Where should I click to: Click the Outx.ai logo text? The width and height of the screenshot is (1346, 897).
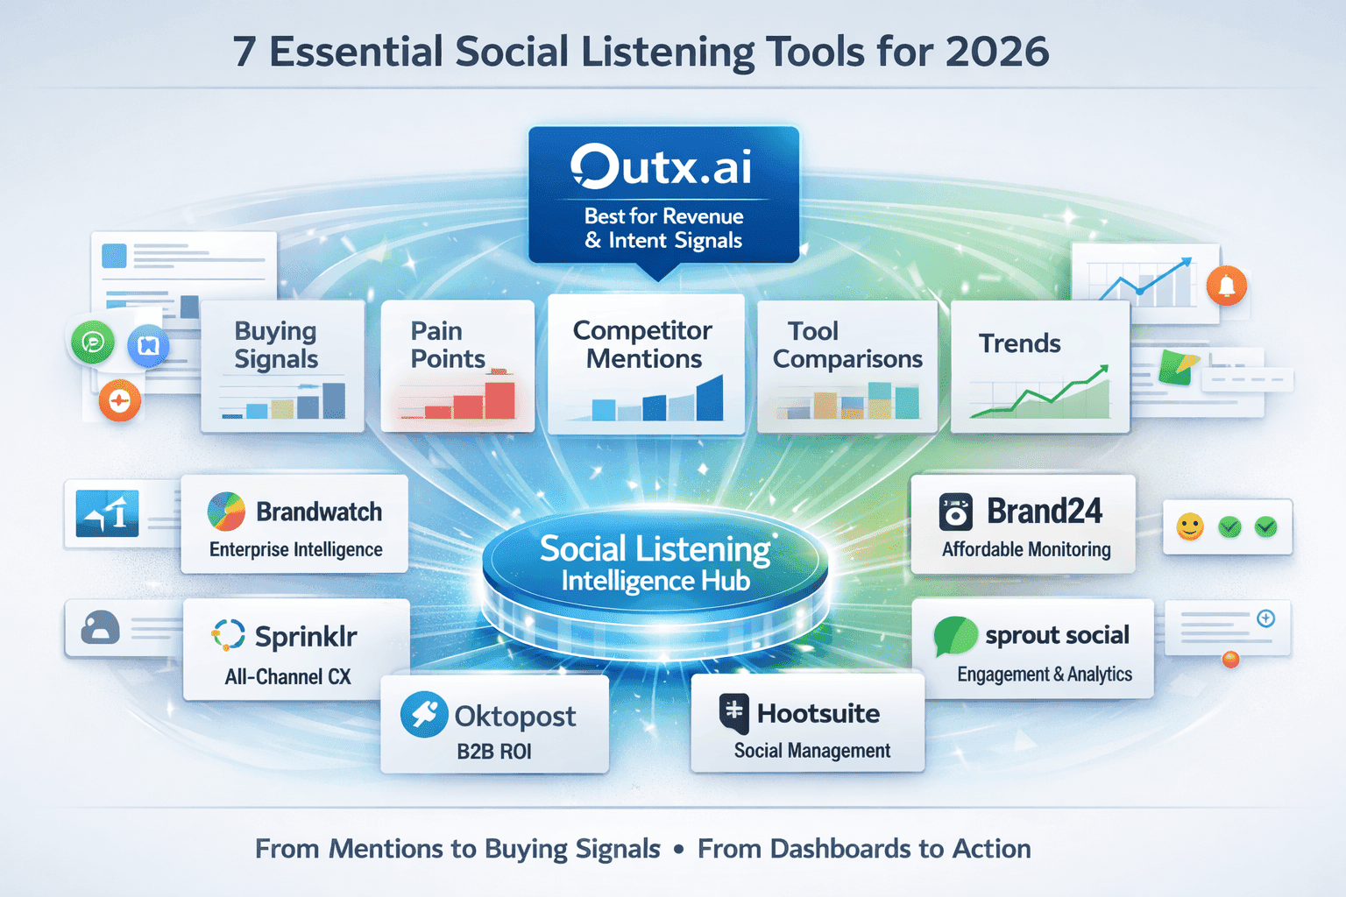tap(662, 166)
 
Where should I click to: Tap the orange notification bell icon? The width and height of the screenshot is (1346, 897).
tap(1227, 286)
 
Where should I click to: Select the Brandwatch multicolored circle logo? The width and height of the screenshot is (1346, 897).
tap(226, 512)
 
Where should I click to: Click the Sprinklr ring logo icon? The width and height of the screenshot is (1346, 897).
tap(229, 635)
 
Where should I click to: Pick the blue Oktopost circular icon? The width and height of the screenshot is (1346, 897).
tap(424, 714)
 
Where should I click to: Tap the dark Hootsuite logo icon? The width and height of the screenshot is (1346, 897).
tap(734, 713)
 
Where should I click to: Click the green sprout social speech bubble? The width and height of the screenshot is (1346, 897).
tap(955, 636)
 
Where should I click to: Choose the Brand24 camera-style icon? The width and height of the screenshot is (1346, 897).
tap(955, 512)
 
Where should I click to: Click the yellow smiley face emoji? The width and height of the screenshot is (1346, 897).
tap(1189, 526)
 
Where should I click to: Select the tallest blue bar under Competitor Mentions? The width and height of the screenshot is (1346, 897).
tap(710, 399)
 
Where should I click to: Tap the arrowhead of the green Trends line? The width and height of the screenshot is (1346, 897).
tap(1103, 370)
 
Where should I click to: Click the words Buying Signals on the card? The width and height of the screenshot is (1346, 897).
tap(276, 344)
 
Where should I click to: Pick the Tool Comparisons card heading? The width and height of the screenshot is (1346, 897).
tap(847, 344)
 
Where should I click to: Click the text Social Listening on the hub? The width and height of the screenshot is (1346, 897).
tap(655, 549)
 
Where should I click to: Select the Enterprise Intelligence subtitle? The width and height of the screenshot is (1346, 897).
tap(296, 549)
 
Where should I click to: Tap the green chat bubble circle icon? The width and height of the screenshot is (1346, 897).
tap(93, 343)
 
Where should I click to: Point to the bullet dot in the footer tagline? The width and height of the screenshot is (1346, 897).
tap(679, 849)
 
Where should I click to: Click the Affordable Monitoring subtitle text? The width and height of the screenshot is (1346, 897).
tap(1026, 549)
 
